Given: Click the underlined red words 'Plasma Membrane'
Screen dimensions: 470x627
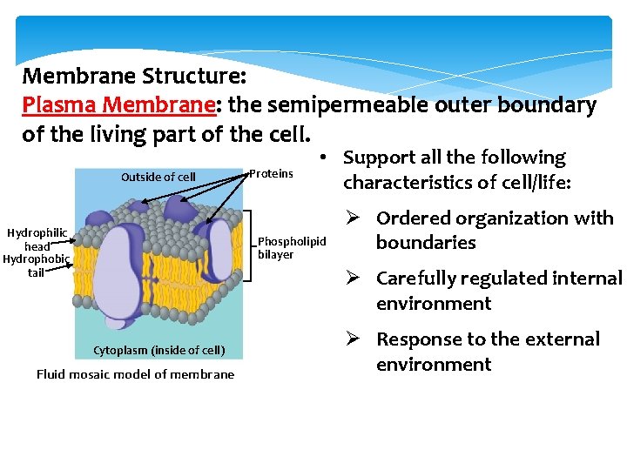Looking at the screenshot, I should [x=118, y=105].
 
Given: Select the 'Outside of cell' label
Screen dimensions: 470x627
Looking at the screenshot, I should [x=158, y=177].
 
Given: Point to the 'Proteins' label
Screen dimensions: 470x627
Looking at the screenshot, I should [x=271, y=173].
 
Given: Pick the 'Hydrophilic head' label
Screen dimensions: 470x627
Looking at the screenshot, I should [x=37, y=239].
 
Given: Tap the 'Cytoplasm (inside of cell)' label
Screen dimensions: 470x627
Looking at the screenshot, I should [x=158, y=350].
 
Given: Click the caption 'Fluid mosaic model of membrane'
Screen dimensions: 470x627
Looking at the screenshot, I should [x=135, y=374].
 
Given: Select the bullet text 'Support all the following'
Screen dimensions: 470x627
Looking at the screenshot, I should [x=454, y=158].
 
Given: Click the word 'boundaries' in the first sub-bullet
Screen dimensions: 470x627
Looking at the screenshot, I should [x=425, y=243].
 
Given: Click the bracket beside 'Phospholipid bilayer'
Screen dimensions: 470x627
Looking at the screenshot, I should [x=252, y=245].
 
